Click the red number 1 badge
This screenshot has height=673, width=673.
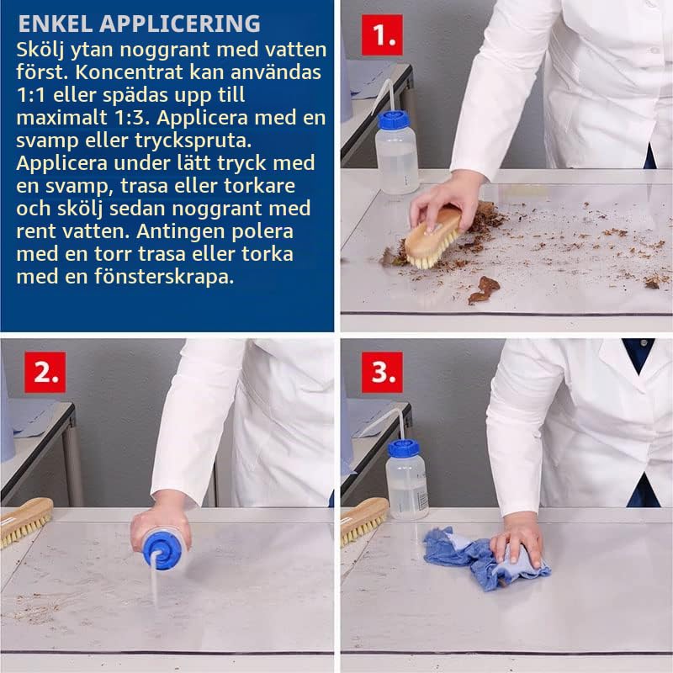[x=382, y=34]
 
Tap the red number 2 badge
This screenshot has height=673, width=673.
[x=45, y=372]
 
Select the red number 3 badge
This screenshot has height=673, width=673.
[x=382, y=372]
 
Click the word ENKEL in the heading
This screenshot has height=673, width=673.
[x=55, y=24]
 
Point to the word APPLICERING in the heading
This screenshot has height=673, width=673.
[x=180, y=24]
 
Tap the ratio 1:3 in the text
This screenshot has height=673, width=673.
[x=132, y=118]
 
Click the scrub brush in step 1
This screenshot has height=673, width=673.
[x=432, y=236]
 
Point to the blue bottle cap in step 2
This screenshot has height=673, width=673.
[x=162, y=551]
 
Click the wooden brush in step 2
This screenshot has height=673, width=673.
[x=26, y=521]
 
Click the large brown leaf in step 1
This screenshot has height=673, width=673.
[x=485, y=289]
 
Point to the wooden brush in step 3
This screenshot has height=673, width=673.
[x=363, y=520]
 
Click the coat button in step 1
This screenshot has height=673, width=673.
[x=654, y=50]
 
